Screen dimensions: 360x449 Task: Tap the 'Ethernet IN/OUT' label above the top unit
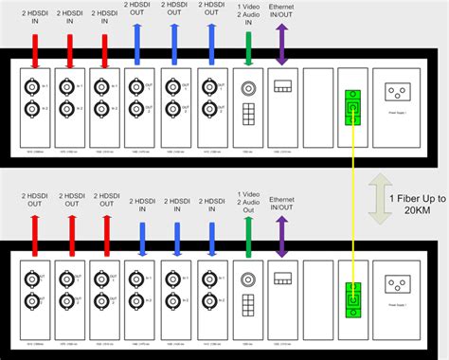coord(282,12)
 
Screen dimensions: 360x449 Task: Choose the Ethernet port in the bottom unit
coord(282,278)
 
